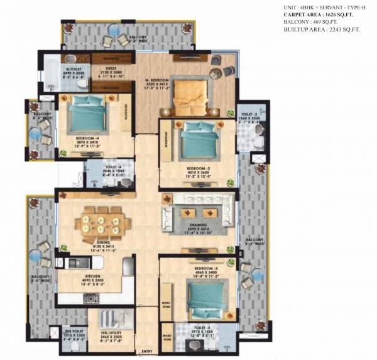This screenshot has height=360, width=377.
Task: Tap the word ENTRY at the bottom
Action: [x=147, y=351]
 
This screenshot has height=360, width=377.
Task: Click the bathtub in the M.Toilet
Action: [x=51, y=79]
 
